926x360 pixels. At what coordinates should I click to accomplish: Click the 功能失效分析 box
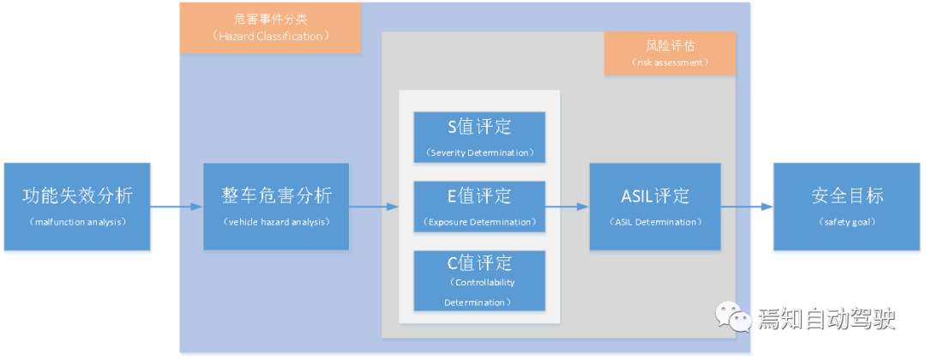[77, 207]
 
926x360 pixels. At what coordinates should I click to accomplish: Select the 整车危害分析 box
[276, 207]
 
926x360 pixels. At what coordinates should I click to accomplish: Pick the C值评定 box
[479, 280]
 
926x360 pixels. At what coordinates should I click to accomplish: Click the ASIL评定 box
[655, 207]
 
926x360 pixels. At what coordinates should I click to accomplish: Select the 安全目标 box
[846, 207]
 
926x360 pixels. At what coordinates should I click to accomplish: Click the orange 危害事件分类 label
[270, 28]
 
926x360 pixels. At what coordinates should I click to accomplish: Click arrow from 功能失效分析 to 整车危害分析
[178, 207]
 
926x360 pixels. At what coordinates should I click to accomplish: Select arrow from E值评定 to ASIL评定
[567, 207]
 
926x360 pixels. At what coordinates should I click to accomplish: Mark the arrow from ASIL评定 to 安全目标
[746, 207]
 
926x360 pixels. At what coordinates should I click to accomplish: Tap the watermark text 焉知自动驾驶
[826, 319]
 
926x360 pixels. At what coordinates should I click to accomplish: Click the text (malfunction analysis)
[77, 223]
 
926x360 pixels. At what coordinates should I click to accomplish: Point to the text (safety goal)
[846, 223]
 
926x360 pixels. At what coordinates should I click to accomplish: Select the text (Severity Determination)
[479, 153]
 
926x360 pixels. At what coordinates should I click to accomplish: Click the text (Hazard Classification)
[270, 37]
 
